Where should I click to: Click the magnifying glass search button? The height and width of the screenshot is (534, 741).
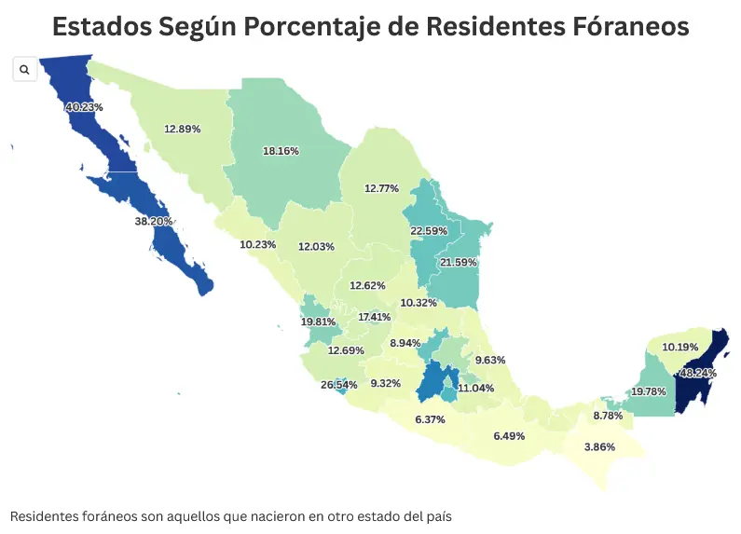[x=25, y=70]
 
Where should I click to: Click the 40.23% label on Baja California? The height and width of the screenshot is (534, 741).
[x=84, y=107]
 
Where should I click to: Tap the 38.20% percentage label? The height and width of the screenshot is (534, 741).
[x=154, y=222]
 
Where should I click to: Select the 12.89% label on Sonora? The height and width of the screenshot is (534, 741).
[x=183, y=129]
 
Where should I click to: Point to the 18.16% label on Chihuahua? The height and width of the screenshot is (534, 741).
[x=281, y=150]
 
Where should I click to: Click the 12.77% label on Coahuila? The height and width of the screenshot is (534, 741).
[x=381, y=188]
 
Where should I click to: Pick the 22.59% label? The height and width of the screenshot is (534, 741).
[x=429, y=230]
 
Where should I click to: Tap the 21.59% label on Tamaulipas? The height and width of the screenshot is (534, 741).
[x=459, y=263]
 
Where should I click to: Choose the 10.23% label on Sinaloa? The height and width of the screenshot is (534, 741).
[x=258, y=244]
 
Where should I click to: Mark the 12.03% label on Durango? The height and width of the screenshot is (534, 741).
[x=316, y=247]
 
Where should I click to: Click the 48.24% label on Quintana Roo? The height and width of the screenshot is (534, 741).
[x=699, y=372]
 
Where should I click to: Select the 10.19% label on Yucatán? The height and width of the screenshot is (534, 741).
[x=680, y=347]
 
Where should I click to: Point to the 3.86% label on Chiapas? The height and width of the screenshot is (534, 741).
[x=599, y=447]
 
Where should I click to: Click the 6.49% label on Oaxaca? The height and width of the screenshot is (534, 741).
[x=509, y=436]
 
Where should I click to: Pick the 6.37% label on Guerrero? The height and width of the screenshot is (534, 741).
[x=430, y=419]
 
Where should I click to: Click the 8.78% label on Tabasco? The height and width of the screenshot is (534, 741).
[x=608, y=416]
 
